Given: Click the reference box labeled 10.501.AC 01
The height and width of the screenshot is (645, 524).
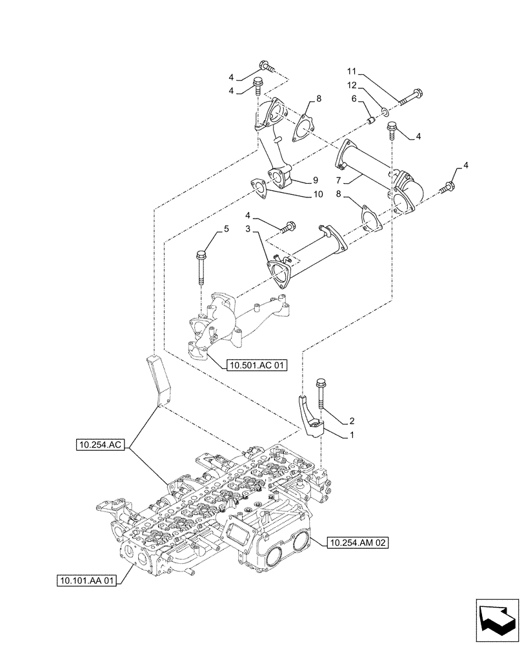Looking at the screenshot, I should pos(257,365).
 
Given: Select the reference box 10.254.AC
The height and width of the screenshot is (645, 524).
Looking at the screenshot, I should pos(103,444).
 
